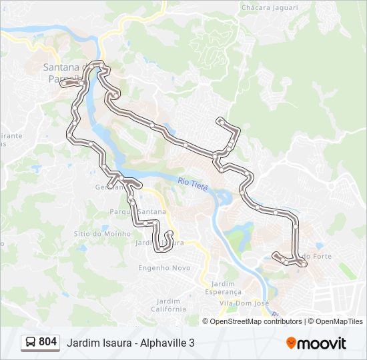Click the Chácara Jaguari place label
click(x=270, y=7)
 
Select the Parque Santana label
click(x=137, y=212)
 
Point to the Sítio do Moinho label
click(x=101, y=234)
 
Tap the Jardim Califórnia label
click(x=168, y=305)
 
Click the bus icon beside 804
click(x=31, y=343)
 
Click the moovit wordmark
click(x=322, y=343)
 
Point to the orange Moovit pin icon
click(x=291, y=343)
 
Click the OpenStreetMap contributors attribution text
click(x=256, y=321)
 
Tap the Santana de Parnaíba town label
click(x=62, y=72)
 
